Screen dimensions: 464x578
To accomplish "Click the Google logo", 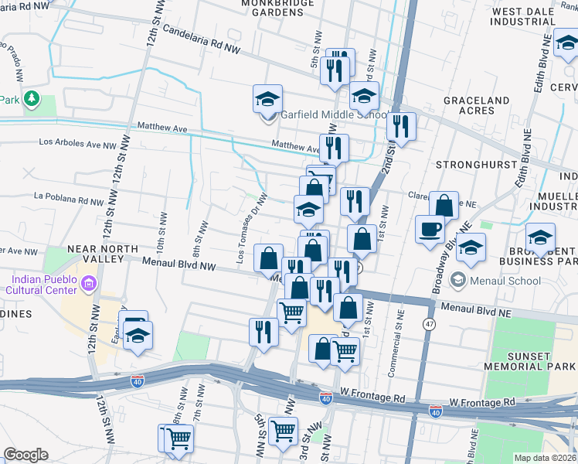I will (x=25, y=454).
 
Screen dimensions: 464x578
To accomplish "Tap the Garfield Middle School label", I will (x=333, y=115).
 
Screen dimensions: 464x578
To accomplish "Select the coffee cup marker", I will (x=430, y=228).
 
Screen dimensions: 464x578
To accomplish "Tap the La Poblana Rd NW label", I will (x=68, y=200).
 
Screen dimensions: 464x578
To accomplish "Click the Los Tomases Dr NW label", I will (x=252, y=227).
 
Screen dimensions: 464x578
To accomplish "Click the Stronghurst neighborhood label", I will (x=474, y=165).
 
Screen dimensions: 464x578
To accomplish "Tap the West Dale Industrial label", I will (x=525, y=17).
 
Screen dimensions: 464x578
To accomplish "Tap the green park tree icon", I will (x=31, y=98).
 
